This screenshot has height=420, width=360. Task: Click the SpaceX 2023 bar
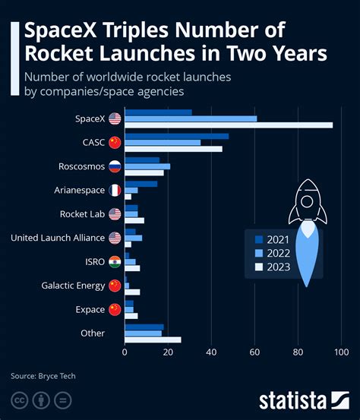pyautogui.click(x=228, y=125)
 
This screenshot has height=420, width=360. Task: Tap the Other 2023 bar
pyautogui.click(x=152, y=339)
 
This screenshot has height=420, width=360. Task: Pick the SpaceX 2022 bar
pyautogui.click(x=190, y=118)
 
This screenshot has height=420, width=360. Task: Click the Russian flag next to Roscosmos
pyautogui.click(x=115, y=166)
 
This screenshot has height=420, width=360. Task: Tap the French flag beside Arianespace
pyautogui.click(x=115, y=190)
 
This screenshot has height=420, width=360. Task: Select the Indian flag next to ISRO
pyautogui.click(x=115, y=261)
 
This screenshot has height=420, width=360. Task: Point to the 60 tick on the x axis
pyautogui.click(x=254, y=352)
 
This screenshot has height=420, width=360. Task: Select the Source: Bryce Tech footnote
pyautogui.click(x=43, y=375)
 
